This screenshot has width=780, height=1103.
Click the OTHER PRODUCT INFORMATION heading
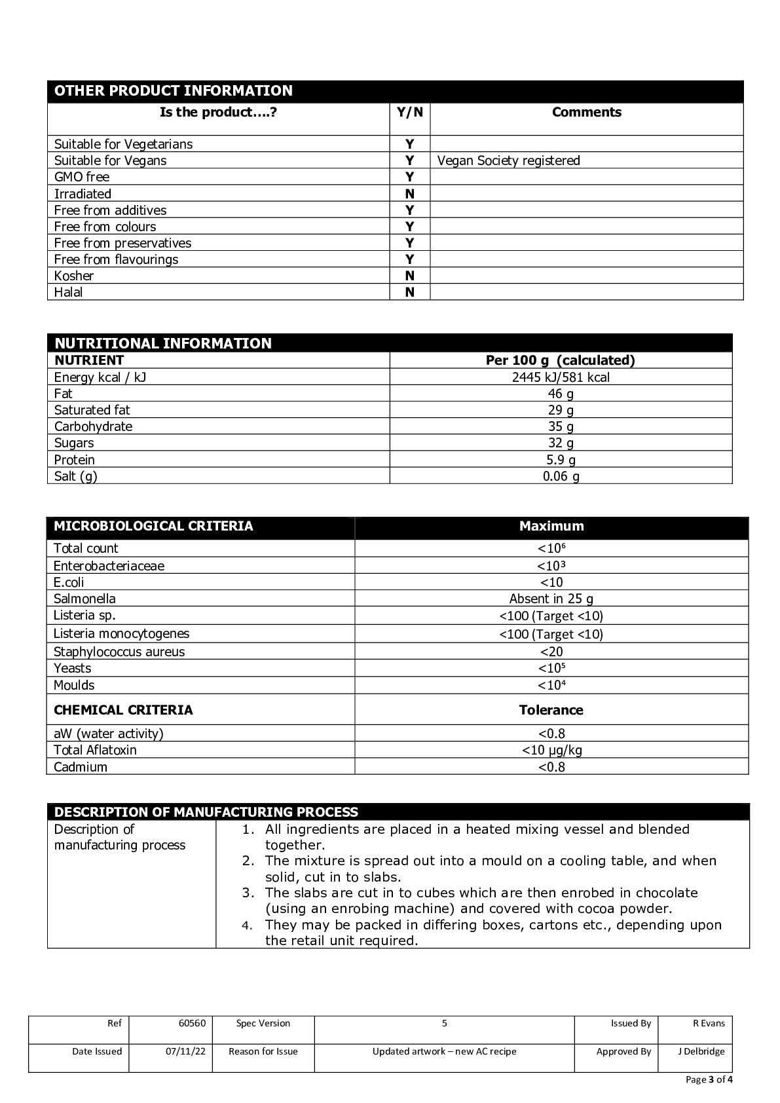point(174,91)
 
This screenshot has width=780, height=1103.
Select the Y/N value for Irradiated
point(409,194)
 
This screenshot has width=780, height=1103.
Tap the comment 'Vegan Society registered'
point(508,160)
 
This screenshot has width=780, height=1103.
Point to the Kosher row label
point(74,276)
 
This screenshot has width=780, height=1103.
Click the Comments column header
point(586,112)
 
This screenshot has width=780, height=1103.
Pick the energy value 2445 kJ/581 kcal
point(561,377)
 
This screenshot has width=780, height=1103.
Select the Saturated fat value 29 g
point(561,410)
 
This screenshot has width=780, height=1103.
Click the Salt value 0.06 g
point(561,476)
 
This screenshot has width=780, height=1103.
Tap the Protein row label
point(75,460)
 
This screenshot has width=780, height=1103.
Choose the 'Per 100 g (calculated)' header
point(561,360)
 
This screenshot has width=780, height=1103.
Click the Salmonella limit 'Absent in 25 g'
point(551,599)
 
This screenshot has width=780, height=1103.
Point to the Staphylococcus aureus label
point(119,652)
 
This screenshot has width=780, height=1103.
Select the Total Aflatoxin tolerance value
point(551,750)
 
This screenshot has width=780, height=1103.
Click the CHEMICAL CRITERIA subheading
point(123,710)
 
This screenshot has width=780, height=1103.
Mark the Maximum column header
point(551,526)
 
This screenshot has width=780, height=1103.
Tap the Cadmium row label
point(81,767)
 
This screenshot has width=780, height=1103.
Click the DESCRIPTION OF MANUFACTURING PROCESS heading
point(206,812)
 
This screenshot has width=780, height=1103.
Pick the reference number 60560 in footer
point(192,1023)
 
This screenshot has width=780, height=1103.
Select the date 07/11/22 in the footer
point(185,1051)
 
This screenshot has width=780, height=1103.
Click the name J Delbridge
point(701,1051)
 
